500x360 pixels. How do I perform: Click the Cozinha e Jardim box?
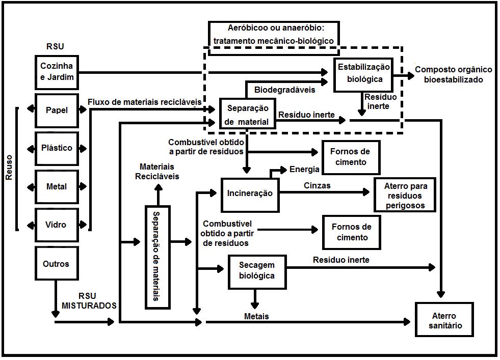tap(57, 71)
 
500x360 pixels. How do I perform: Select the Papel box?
tap(57, 110)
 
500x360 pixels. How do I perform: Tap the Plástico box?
tap(57, 148)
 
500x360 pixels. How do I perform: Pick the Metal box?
tap(57, 186)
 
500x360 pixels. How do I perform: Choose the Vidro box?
tap(57, 225)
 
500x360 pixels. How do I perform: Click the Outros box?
tap(57, 264)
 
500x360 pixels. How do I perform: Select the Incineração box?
tap(250, 193)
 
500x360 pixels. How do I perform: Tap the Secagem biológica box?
tap(256, 270)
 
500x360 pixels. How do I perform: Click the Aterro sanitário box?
tap(445, 320)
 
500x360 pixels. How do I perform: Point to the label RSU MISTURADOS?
tap(89, 301)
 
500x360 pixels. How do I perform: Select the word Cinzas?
tap(317, 186)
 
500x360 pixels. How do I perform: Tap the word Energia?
tap(304, 170)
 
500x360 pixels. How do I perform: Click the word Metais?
tap(256, 317)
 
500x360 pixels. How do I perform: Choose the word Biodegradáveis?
tap(284, 90)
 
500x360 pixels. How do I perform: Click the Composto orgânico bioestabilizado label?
tap(453, 74)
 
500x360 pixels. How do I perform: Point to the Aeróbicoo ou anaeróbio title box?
tap(274, 35)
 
